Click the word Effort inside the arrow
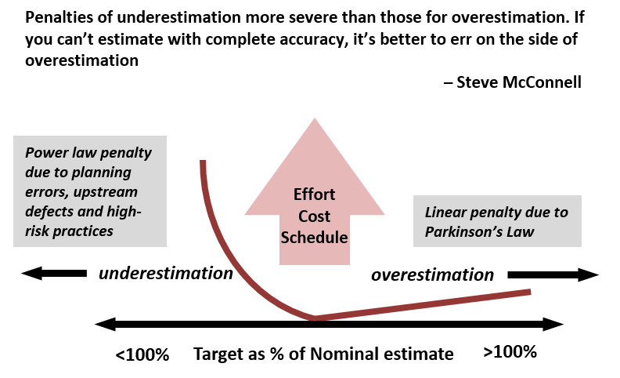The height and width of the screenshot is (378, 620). [314, 194]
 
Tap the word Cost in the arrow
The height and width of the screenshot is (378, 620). [314, 216]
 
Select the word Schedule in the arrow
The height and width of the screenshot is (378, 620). [314, 237]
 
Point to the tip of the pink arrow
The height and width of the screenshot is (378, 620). [315, 120]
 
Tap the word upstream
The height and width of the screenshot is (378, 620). [108, 192]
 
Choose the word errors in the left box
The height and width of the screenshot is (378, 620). [45, 192]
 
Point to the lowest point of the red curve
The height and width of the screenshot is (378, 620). [315, 318]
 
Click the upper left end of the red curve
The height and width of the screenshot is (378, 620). [203, 162]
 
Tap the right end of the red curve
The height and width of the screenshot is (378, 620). [530, 292]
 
